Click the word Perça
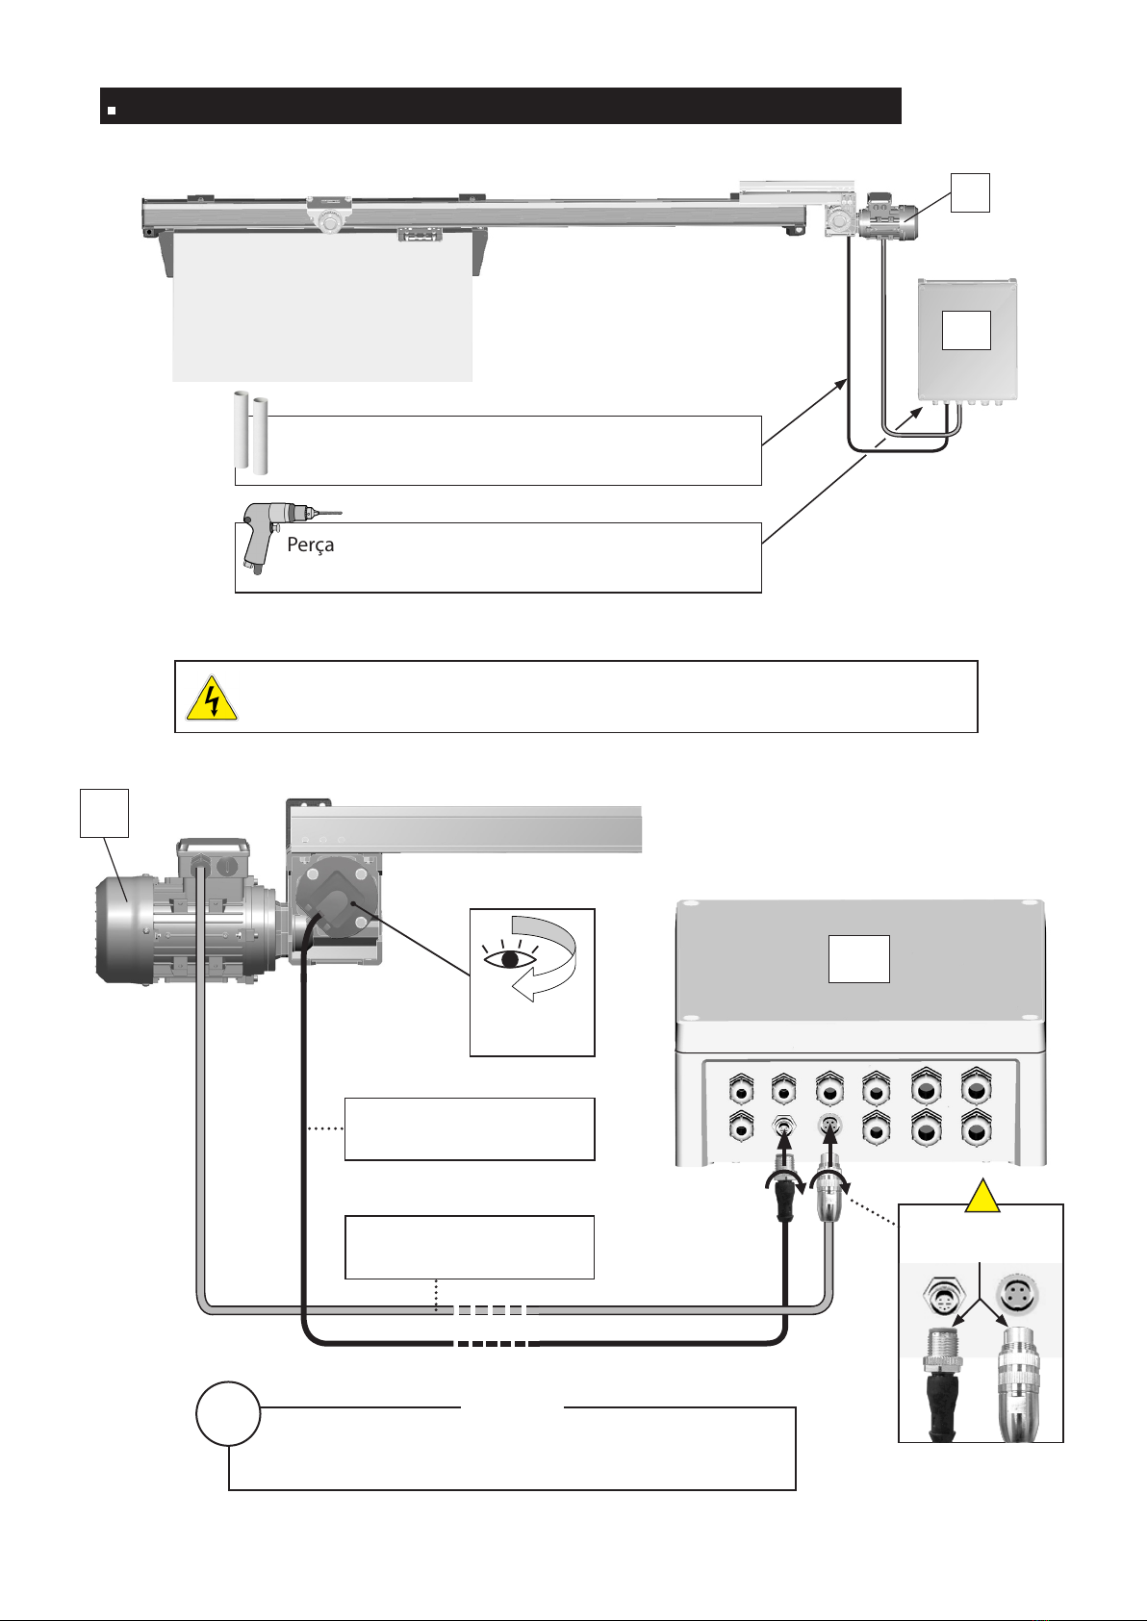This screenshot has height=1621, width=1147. pyautogui.click(x=311, y=545)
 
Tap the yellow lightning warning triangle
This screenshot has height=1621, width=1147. pyautogui.click(x=212, y=698)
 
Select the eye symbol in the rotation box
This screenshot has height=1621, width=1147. pyautogui.click(x=510, y=957)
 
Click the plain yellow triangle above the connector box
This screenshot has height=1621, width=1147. pyautogui.click(x=982, y=1196)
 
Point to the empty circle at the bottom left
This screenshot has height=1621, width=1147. pyautogui.click(x=228, y=1414)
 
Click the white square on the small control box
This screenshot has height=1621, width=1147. pyautogui.click(x=966, y=331)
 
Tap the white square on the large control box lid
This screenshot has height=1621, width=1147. pyautogui.click(x=859, y=959)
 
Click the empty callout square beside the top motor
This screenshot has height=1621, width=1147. pyautogui.click(x=970, y=192)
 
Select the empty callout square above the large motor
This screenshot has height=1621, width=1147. pyautogui.click(x=104, y=814)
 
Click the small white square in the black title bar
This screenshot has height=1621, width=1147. pyautogui.click(x=112, y=111)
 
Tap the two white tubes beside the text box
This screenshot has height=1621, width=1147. pyautogui.click(x=250, y=433)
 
